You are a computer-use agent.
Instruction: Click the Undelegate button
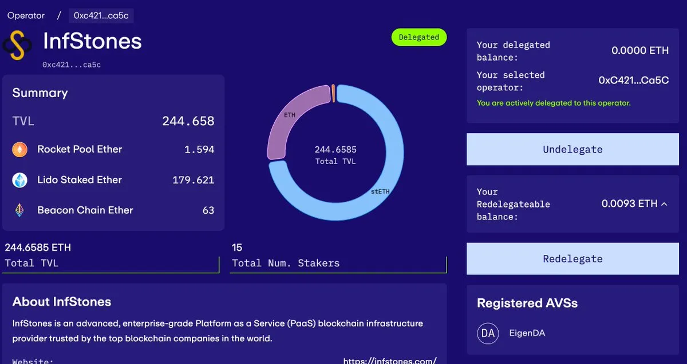(572, 150)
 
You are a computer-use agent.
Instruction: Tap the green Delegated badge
(418, 37)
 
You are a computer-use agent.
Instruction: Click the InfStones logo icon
(17, 46)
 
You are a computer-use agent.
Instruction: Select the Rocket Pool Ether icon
(20, 150)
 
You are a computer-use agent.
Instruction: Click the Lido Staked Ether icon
(20, 180)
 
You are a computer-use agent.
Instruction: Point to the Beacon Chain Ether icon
(20, 210)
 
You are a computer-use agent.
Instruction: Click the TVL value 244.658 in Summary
(188, 121)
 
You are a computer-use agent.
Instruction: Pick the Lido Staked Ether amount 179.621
(193, 180)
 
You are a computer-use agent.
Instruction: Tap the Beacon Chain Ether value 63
(208, 210)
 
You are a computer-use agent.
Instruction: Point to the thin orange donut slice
(333, 93)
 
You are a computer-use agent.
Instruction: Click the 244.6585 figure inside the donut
(335, 150)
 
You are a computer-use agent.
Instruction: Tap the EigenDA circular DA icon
(488, 333)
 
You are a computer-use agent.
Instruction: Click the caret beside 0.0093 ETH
(664, 204)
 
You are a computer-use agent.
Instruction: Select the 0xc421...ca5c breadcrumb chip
(101, 15)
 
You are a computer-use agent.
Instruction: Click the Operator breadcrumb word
(26, 15)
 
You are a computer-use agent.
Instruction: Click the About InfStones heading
(62, 302)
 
